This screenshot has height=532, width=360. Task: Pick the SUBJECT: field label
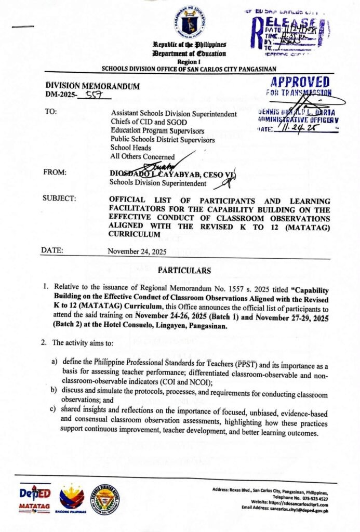click(x=59, y=198)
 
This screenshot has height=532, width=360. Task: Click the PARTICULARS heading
click(x=184, y=271)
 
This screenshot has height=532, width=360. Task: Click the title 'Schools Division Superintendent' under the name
click(x=150, y=182)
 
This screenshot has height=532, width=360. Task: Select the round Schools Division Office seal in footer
click(x=106, y=501)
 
